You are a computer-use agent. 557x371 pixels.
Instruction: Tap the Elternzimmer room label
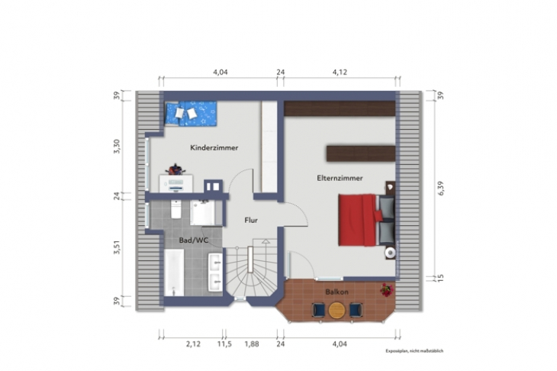(x=340, y=178)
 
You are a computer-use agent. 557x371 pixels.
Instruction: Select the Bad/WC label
(x=194, y=240)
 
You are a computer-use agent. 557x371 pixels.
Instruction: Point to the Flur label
(x=250, y=220)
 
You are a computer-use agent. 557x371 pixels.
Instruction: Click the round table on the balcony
(x=336, y=309)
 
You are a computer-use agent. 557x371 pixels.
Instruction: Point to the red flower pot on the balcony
(x=387, y=290)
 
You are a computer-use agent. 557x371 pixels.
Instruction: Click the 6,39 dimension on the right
(x=439, y=188)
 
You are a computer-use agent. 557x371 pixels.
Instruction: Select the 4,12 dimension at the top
(x=340, y=73)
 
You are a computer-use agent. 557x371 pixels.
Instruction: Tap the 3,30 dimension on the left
(x=117, y=147)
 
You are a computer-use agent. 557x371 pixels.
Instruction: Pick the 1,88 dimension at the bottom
(x=251, y=344)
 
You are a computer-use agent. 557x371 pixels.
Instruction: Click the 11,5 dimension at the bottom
(x=224, y=344)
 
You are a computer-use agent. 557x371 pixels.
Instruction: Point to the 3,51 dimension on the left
(x=117, y=249)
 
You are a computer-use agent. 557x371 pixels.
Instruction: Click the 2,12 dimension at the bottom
(x=192, y=344)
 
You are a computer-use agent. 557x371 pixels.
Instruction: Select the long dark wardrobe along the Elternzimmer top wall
(x=340, y=109)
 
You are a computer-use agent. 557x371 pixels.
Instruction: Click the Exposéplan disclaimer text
(x=414, y=351)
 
